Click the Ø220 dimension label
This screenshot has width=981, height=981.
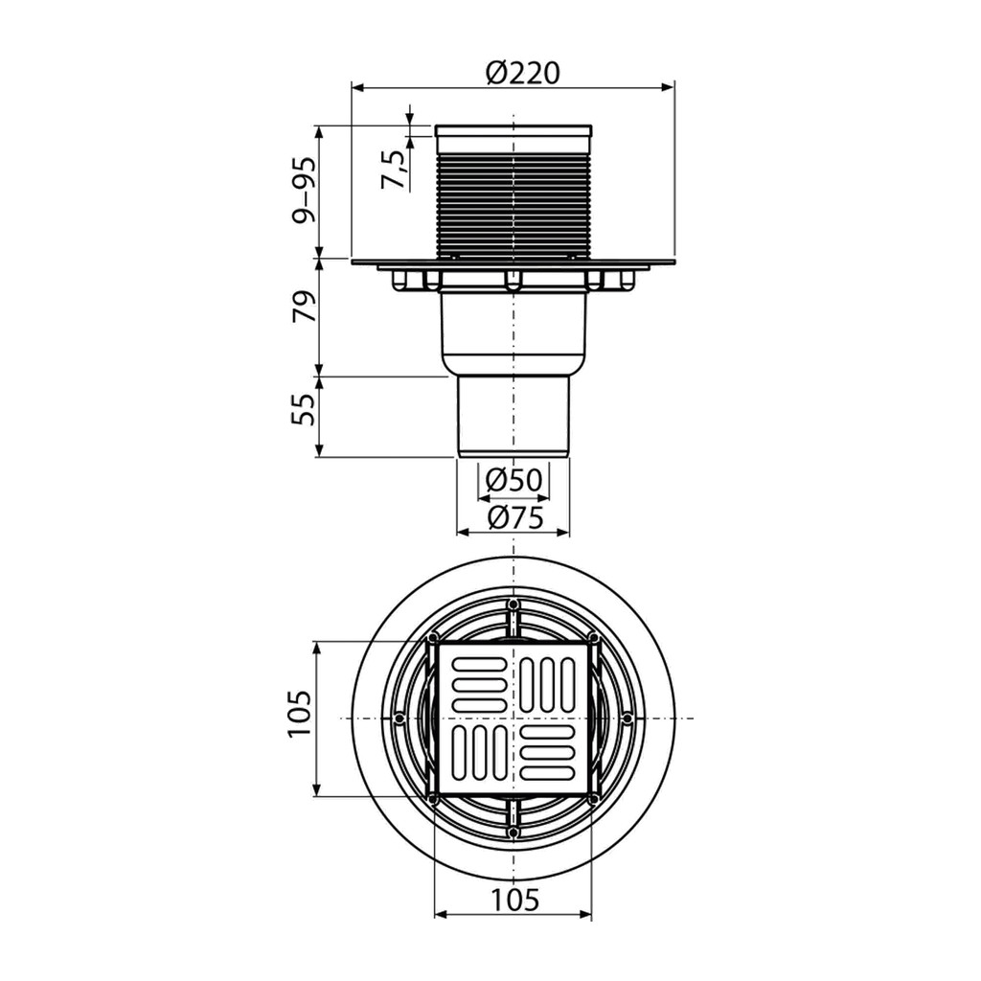pos(522,73)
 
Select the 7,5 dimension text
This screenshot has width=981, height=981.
pos(394,170)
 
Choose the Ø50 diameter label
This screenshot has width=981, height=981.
pos(513,480)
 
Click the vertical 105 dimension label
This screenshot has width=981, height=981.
pos(300,714)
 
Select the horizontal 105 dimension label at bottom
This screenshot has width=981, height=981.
pos(513,900)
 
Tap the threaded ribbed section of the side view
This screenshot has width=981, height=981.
pos(513,204)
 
